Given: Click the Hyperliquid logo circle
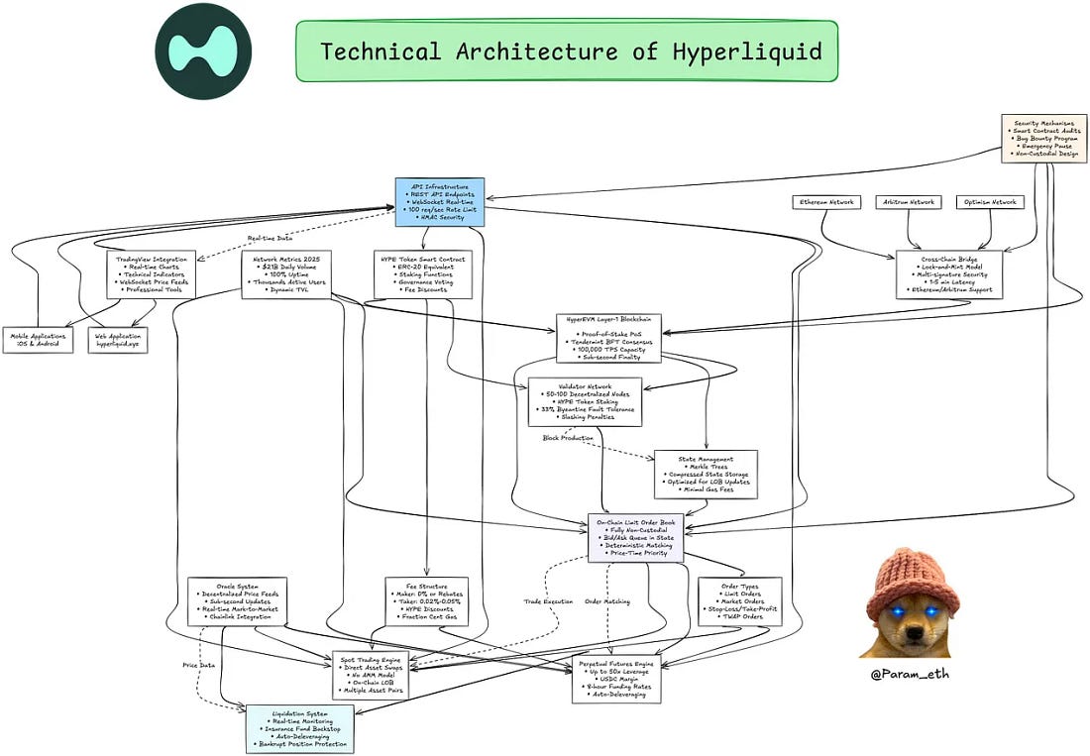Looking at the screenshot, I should click(x=203, y=51).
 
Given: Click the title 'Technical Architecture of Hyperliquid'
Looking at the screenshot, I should click(x=570, y=52).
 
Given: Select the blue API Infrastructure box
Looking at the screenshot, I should click(x=439, y=201).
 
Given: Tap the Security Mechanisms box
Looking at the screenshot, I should click(x=1044, y=138).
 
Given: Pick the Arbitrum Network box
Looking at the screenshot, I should click(x=909, y=202).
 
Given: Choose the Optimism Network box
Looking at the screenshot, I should click(x=990, y=202).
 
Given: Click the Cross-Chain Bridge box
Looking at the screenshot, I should click(x=948, y=274).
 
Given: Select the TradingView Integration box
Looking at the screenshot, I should click(x=151, y=274).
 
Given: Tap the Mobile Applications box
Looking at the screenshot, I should click(x=38, y=341).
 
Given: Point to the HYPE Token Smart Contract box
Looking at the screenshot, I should click(x=423, y=274).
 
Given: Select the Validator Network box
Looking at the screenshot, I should click(x=585, y=401).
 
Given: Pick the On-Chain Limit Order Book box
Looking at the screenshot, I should click(x=635, y=538).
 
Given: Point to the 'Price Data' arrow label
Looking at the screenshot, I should click(x=199, y=664).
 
